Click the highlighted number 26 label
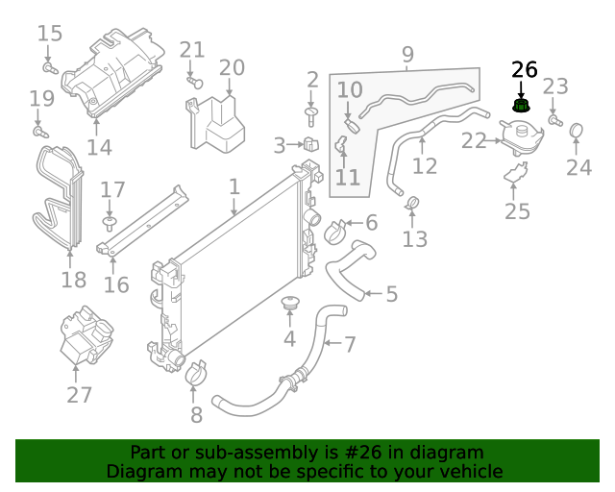point(525,69)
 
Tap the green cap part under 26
point(522,105)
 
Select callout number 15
point(50,34)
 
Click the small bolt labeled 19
point(39,130)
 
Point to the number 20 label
point(232,67)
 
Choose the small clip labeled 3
point(311,146)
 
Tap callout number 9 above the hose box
point(407,54)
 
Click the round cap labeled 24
point(578,131)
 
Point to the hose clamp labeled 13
point(414,203)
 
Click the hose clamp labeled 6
point(335,231)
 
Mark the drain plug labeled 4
point(289,306)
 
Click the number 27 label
point(79,394)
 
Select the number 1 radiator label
point(234,184)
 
